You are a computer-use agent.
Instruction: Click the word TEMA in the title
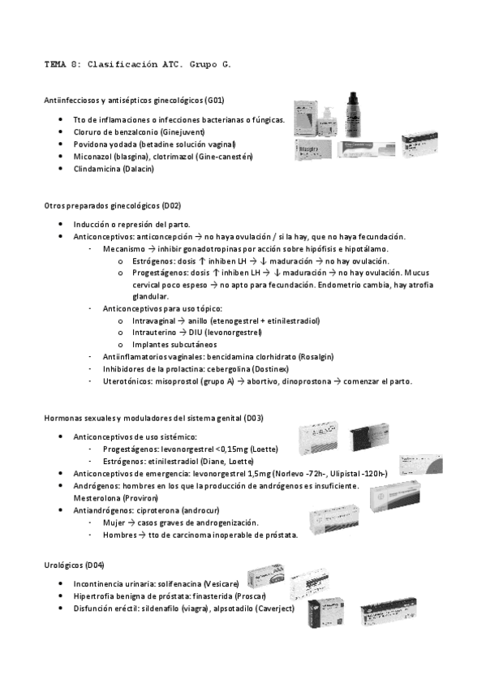[54, 62]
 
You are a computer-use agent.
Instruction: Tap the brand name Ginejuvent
[183, 131]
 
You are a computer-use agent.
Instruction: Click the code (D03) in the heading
[252, 417]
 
